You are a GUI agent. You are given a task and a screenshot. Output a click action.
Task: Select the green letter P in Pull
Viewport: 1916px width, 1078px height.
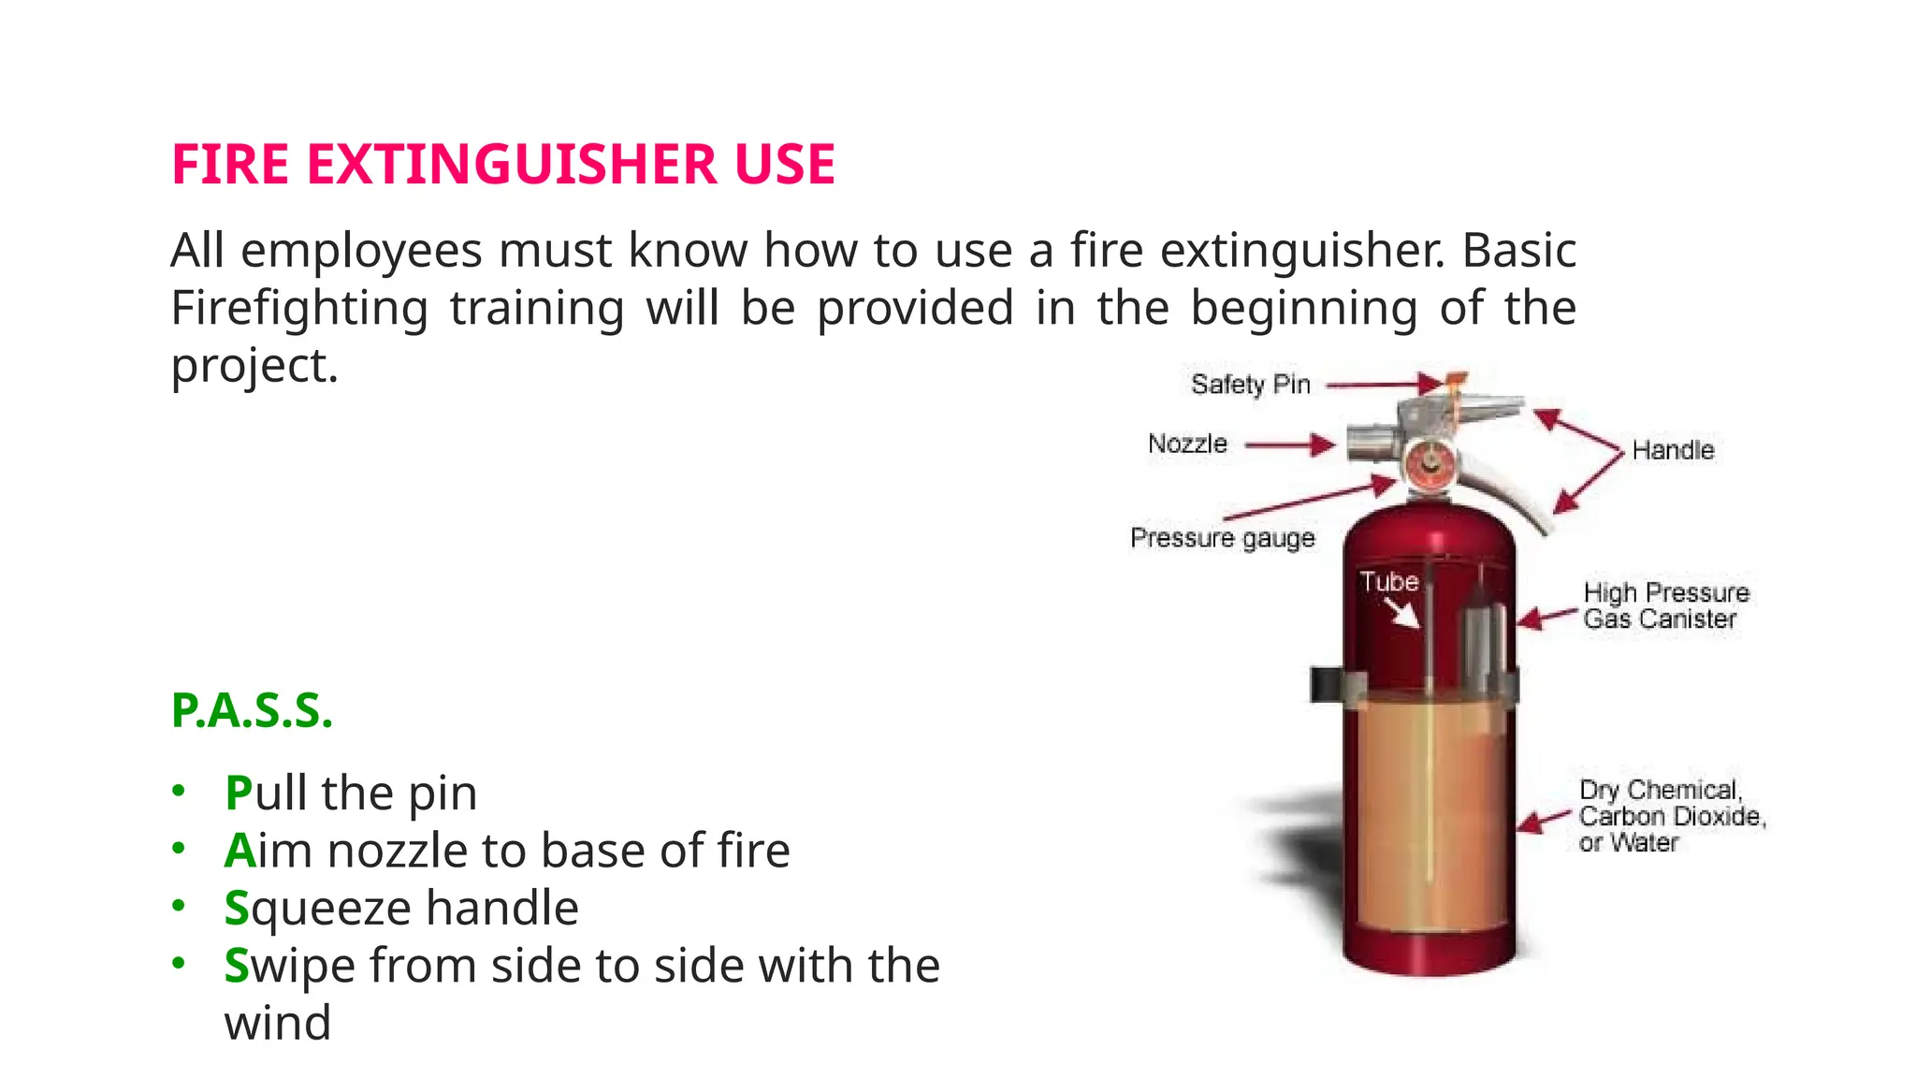click(x=239, y=794)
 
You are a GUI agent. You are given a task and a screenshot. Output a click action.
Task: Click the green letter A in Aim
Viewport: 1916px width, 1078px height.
click(x=239, y=851)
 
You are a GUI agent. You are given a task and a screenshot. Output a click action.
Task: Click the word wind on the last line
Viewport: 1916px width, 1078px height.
click(x=277, y=1023)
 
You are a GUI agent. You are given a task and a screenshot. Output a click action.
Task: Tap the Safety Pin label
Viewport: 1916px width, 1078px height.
click(x=1250, y=385)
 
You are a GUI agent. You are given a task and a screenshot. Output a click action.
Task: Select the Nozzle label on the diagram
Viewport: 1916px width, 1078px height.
click(x=1187, y=444)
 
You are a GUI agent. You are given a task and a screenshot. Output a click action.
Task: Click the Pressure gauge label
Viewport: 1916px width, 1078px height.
click(x=1222, y=538)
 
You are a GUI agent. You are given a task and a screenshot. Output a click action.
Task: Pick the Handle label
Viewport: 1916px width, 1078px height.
click(x=1673, y=450)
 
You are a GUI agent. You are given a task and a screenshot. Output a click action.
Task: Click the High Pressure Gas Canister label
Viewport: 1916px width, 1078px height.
click(x=1665, y=605)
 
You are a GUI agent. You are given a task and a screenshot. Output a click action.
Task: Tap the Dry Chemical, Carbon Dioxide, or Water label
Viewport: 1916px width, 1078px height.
click(x=1671, y=816)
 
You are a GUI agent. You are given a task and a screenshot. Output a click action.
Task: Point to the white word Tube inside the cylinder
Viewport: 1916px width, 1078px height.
click(x=1389, y=582)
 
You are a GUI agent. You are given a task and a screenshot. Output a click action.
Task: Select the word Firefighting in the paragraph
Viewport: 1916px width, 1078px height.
click(x=299, y=308)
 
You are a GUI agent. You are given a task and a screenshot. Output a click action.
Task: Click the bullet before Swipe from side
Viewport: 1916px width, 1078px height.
click(x=179, y=963)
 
